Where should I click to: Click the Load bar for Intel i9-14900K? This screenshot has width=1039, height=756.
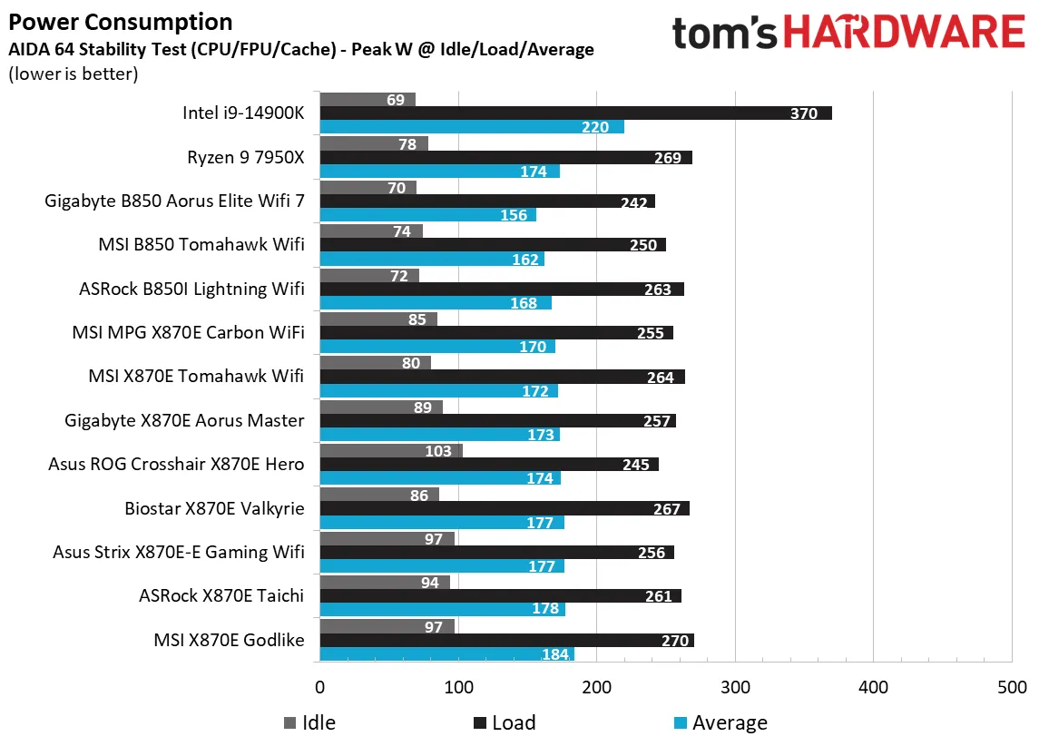coord(575,113)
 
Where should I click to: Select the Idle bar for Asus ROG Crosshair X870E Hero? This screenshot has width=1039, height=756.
coord(391,451)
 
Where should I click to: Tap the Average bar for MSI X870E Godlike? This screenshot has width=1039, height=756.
coord(446,654)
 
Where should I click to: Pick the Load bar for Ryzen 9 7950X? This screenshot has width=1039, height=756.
coord(505,158)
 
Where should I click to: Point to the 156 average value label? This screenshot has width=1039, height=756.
coord(514,215)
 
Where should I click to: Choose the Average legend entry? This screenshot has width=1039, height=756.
coord(720,723)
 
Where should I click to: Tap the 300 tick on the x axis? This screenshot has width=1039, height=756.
coord(735,687)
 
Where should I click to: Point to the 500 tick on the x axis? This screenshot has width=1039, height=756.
coord(1011,687)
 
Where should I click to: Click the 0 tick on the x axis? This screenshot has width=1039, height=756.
coord(319,687)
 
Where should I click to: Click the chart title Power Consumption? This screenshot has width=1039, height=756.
coord(120,22)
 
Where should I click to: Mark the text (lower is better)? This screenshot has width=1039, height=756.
coord(73,74)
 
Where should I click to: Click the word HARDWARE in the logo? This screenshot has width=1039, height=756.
coord(902,33)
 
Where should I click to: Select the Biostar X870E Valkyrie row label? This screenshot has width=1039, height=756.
coord(214,508)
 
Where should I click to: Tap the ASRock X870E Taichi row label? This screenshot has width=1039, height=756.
coord(221,596)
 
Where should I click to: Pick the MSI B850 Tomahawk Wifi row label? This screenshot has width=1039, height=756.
coord(201,244)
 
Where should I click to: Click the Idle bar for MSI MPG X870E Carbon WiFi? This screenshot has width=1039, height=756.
coord(378,319)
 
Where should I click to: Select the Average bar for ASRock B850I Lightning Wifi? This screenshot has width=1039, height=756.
coord(436,303)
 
